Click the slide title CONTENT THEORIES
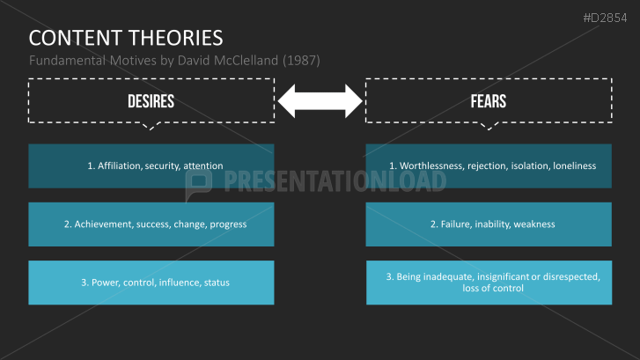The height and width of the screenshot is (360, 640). pos(126,38)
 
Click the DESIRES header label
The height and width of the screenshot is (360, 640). pos(151,101)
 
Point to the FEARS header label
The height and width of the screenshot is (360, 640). pos(488,101)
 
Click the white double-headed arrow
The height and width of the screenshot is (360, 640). pos(320,101)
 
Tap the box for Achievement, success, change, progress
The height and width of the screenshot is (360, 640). pos(151,224)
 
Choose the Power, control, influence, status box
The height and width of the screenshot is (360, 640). pos(151,283)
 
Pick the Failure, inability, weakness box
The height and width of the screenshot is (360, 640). pos(489,224)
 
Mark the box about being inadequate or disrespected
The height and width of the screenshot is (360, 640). pos(489,283)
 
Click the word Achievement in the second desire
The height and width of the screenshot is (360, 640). pos(103,224)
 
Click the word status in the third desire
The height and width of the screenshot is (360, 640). pos(217,283)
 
